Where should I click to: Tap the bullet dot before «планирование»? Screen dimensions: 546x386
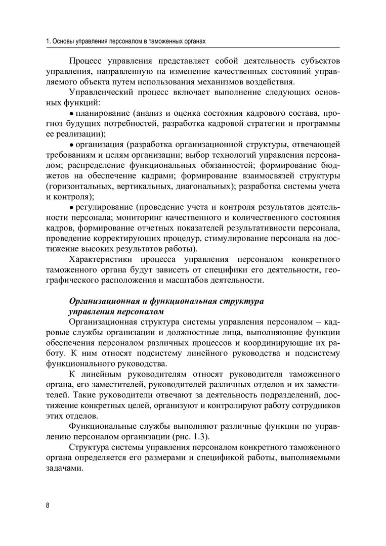coord(71,113)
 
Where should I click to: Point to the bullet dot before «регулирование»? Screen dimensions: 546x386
coord(71,208)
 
